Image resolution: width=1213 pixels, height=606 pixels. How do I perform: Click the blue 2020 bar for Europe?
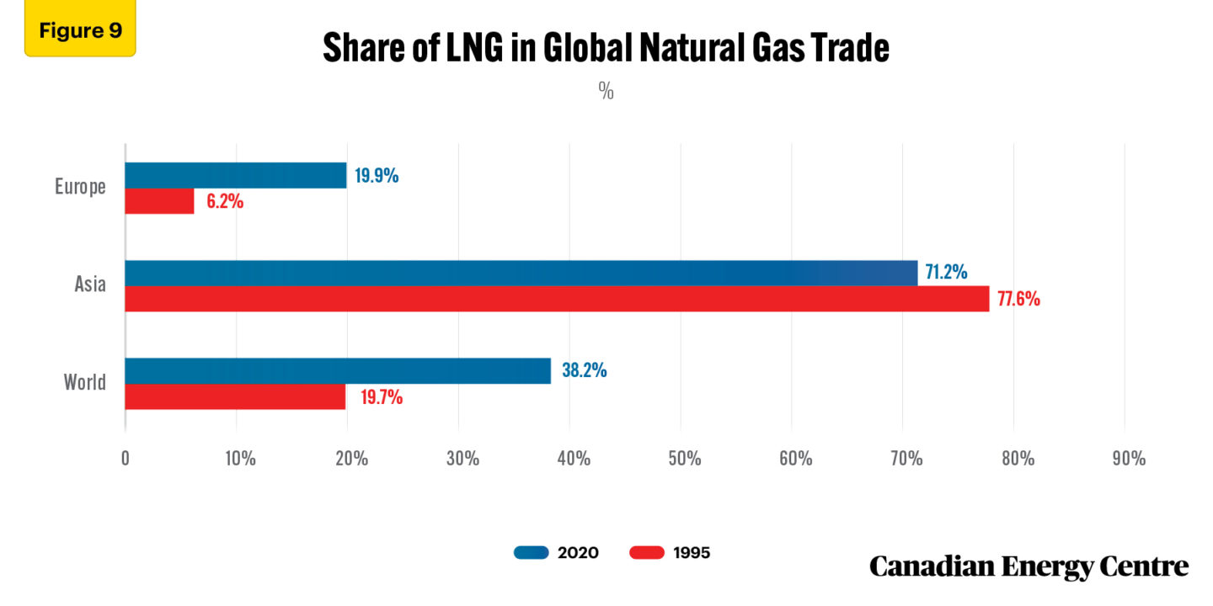point(236,175)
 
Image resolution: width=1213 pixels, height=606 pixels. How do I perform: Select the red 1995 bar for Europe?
point(160,201)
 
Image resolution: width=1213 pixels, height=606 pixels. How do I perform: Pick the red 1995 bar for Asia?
point(557,299)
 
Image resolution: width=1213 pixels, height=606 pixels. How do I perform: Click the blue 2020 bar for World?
point(338,371)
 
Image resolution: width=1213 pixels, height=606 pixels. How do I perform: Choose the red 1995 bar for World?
point(235,397)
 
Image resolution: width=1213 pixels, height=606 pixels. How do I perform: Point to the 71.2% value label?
point(946,272)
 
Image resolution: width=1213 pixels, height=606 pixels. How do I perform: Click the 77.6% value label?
point(1018,299)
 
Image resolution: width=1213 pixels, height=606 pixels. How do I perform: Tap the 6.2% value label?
point(225,202)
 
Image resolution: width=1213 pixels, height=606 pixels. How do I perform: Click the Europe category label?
point(81,187)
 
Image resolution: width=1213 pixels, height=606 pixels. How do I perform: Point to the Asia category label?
point(90,284)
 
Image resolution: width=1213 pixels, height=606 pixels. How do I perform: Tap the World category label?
point(85,383)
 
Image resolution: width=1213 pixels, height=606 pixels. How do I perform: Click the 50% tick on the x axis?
point(684,459)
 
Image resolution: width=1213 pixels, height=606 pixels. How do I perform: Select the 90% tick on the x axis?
point(1129,459)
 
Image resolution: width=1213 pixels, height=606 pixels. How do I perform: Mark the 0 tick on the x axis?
point(126,459)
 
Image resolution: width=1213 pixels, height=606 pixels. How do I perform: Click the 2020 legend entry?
point(556,553)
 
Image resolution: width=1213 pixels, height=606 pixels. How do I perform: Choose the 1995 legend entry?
point(670,553)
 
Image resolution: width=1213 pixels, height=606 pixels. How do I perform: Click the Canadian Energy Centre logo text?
point(1029,566)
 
